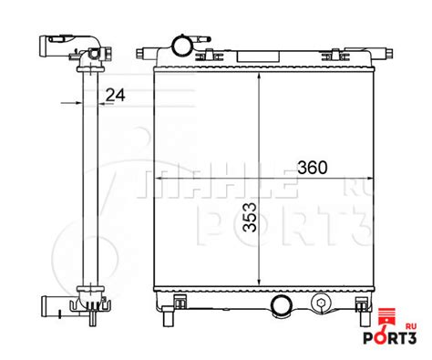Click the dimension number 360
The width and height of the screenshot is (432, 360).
point(312,169)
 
